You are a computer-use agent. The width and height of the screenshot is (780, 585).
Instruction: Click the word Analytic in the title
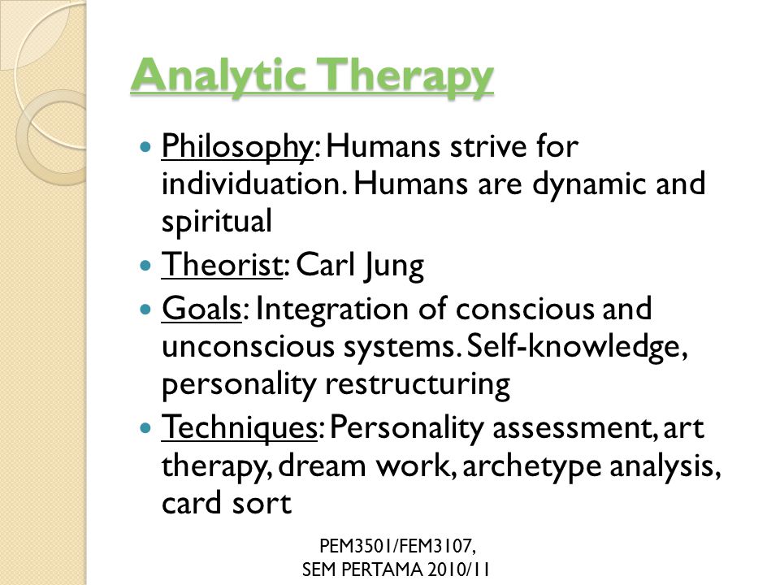(219, 75)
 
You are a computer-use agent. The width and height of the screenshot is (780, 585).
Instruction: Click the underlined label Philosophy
(236, 147)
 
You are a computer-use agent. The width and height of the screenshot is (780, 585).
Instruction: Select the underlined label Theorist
(222, 264)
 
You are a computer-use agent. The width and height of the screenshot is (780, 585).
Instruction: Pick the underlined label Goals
(201, 309)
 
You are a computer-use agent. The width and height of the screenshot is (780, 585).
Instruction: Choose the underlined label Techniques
(240, 427)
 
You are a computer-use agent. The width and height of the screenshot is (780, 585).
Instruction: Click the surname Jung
(394, 266)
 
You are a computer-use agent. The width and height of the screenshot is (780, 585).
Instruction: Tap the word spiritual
(217, 222)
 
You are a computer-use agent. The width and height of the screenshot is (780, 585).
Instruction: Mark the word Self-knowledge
(578, 347)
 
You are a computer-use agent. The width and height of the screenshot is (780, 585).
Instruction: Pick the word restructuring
(418, 385)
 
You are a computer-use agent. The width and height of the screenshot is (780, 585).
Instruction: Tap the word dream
(323, 466)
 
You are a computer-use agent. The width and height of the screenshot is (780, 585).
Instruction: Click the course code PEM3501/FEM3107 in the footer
(397, 546)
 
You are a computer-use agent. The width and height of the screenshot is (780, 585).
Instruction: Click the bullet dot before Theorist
(145, 265)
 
